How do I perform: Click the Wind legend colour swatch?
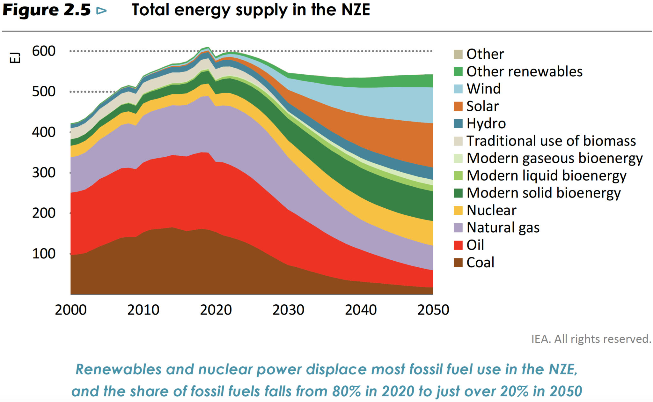tap(458, 89)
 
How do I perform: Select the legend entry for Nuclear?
tap(491, 210)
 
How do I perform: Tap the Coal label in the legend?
tap(480, 263)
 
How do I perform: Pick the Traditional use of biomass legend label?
tap(551, 141)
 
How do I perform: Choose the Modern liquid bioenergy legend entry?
tap(546, 175)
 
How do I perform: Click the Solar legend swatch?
tap(458, 106)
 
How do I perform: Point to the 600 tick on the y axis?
tap(44, 51)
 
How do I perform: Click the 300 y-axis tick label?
tap(44, 173)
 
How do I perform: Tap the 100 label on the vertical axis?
tap(44, 254)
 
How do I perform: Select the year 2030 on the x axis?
tap(288, 310)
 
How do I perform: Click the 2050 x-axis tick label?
tap(433, 310)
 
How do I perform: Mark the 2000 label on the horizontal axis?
tap(71, 310)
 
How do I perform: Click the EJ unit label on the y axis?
tap(15, 58)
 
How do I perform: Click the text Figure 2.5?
tap(47, 10)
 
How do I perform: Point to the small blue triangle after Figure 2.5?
tap(101, 11)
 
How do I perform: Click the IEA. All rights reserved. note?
tap(591, 339)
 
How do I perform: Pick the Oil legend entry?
tap(475, 245)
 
